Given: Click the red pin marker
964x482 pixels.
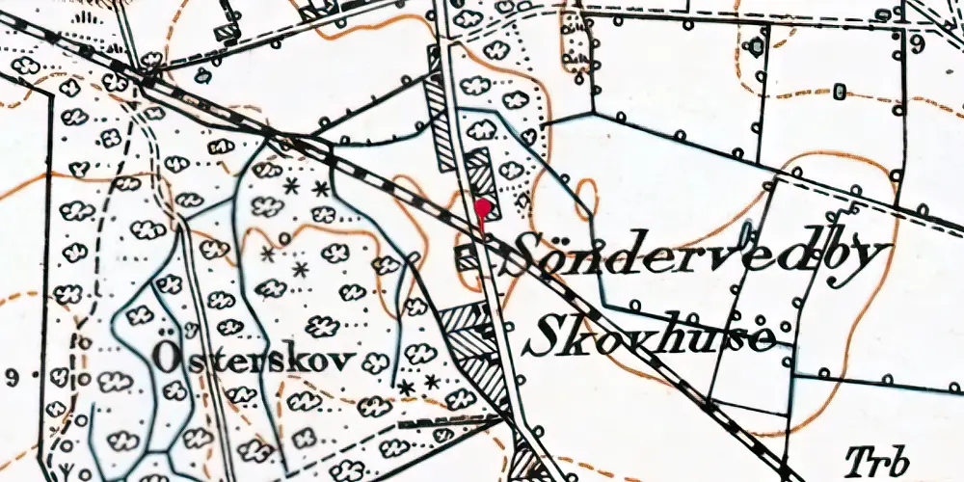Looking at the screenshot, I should pos(483,207).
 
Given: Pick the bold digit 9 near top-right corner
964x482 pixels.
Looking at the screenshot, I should pos(917,44).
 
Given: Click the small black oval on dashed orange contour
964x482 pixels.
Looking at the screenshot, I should pos(840,93).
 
